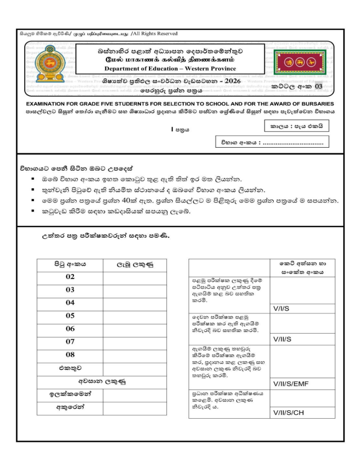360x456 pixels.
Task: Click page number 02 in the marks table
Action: pos(70,277)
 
